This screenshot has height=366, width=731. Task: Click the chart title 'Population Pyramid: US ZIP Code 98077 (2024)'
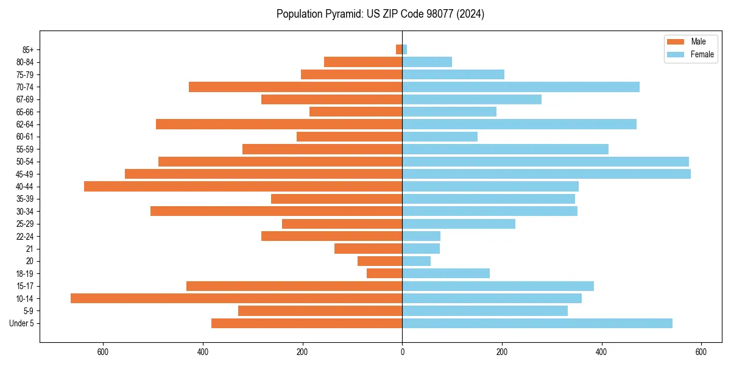pos(380,14)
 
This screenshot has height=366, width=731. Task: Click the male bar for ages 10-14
pos(236,298)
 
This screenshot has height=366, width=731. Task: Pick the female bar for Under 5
pos(537,323)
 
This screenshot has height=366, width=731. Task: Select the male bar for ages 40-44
pos(243,186)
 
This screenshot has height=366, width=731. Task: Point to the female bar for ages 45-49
pos(546,174)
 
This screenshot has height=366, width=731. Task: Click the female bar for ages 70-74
pos(521,87)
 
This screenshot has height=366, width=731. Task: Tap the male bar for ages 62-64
pos(279,124)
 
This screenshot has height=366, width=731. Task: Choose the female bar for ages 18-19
pos(446,273)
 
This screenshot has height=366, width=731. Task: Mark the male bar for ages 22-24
pos(331,236)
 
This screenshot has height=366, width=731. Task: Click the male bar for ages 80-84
pos(363,62)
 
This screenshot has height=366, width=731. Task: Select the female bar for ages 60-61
pos(440,137)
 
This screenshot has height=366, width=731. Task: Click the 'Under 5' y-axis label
pos(22,323)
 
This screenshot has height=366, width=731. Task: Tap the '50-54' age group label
pos(25,162)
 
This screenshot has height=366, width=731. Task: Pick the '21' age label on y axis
pos(29,248)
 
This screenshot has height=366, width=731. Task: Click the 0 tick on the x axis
pos(402,352)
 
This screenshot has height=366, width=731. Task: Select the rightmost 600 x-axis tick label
pos(701,352)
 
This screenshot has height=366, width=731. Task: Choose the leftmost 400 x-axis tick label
pos(203,352)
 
